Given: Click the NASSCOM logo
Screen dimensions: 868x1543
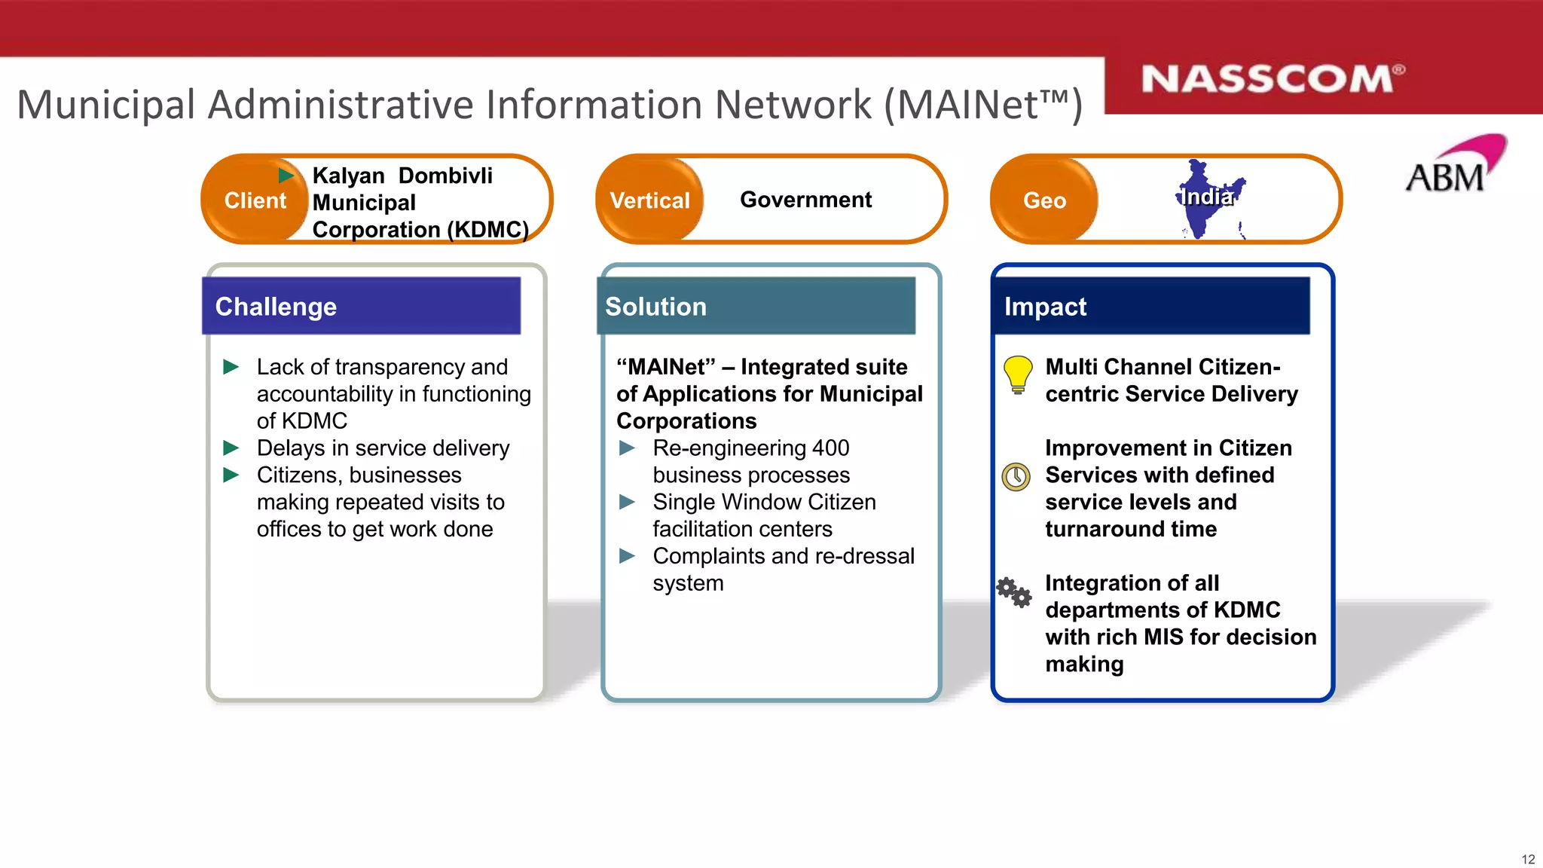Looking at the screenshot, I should tap(1272, 79).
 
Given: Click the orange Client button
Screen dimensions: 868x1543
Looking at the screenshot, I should tap(255, 200).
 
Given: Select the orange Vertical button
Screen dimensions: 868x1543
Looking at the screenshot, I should tap(649, 200).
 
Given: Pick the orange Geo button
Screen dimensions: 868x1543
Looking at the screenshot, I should tap(1044, 200).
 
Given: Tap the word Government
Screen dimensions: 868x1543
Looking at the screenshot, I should tap(805, 200).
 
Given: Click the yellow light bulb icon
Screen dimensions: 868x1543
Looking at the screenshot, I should tap(1017, 374).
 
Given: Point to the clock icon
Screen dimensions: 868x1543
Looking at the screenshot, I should tap(1016, 476).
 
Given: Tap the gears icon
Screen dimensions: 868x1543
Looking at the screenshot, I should tap(1014, 592).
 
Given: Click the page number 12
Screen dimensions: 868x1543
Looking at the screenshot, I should tap(1528, 859).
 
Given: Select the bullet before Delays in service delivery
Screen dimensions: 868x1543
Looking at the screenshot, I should tap(231, 448).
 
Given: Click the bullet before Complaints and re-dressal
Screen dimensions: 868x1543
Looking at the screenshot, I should tap(627, 556).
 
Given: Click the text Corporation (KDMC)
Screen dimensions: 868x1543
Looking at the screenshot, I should tap(420, 229).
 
